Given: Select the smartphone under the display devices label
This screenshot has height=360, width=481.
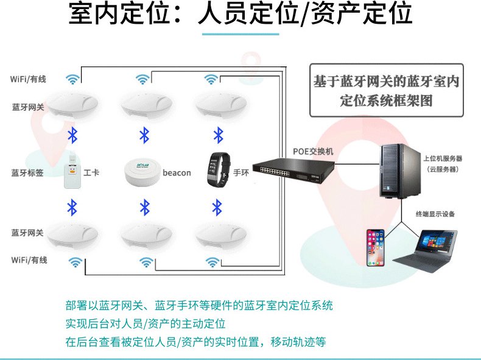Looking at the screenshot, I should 375,247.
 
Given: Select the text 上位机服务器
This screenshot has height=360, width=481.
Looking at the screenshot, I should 443,158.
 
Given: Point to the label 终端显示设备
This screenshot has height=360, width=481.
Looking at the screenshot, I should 435,214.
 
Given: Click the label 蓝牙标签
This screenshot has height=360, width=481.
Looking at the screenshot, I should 27,173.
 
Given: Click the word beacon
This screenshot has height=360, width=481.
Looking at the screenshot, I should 177,173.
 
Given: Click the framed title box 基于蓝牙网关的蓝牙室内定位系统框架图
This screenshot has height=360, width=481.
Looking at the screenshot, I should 385,91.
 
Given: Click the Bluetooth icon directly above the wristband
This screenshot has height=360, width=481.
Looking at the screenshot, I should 218,134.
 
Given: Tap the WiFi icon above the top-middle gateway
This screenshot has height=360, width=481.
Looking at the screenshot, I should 142,79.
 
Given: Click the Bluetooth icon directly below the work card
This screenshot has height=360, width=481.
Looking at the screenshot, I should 72,207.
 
